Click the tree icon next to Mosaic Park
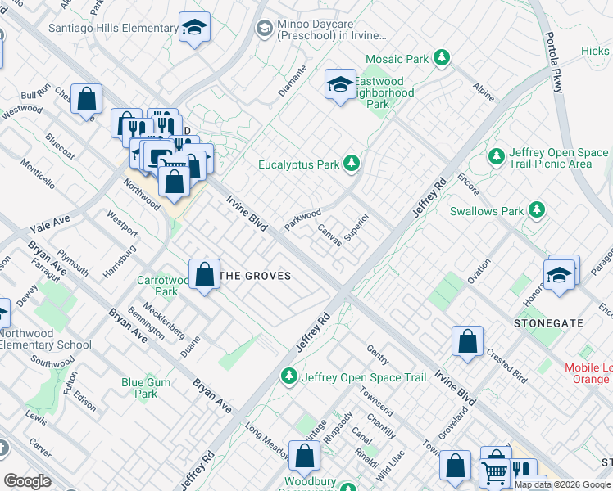(x=443, y=58)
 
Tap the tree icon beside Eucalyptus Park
(x=352, y=164)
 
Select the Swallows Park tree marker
(x=537, y=210)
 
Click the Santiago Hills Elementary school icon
(x=195, y=29)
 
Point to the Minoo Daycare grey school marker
(x=264, y=29)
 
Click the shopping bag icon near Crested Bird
(x=467, y=341)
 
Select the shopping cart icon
(x=495, y=472)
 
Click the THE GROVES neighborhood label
(x=257, y=276)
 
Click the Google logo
(x=27, y=481)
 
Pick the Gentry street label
(x=378, y=354)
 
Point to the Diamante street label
(x=292, y=80)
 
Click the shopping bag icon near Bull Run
(x=86, y=100)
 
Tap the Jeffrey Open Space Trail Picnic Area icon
(x=496, y=155)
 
